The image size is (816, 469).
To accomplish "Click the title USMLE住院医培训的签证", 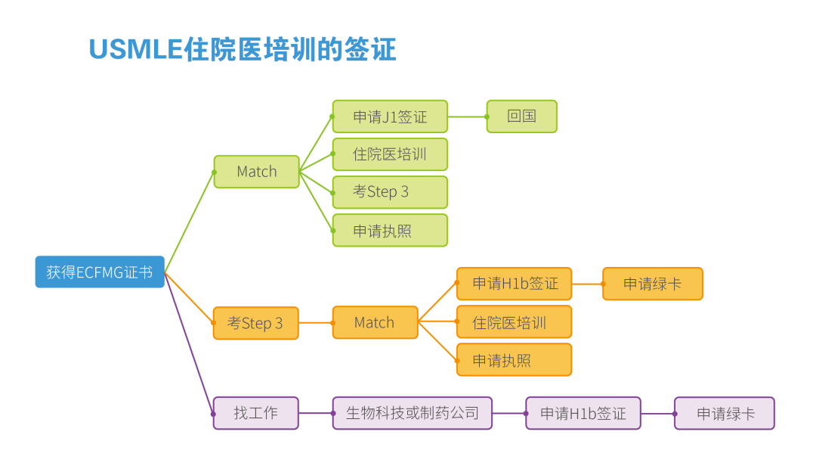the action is coord(243,49).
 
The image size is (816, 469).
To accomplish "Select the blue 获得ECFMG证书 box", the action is coord(100,272).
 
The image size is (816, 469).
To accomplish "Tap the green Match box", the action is coord(257,172).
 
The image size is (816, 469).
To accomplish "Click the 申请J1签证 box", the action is coord(390,116).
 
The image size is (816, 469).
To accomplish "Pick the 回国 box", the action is coord(521,116).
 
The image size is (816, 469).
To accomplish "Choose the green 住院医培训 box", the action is coord(390,154).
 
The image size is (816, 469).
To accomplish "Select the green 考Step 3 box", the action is coord(390,192).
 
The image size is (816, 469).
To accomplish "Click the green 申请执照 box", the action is coord(390,230).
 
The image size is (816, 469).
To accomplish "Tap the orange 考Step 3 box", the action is coord(255,323).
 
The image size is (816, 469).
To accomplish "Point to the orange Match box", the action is coord(375,322).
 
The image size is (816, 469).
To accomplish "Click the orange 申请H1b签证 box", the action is coord(515,284).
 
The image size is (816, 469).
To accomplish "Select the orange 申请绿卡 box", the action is coord(653,284).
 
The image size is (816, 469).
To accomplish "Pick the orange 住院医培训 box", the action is coord(515,322).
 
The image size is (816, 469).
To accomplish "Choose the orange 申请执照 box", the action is coord(515,359).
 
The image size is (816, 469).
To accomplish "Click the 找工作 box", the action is coord(255,413).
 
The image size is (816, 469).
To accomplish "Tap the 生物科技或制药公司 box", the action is coord(413,413).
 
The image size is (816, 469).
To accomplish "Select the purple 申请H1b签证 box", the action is coord(583,413).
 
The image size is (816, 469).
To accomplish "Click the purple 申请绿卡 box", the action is coord(725,413).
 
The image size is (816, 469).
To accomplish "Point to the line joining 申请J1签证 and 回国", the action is coord(468,116).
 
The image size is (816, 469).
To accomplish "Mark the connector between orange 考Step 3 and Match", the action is coord(316,323).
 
